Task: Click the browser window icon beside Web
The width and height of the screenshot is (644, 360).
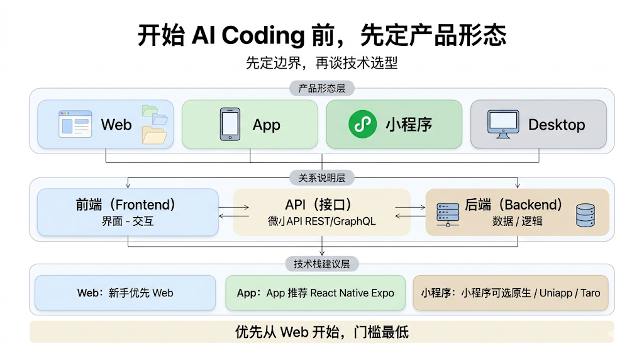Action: [x=75, y=124]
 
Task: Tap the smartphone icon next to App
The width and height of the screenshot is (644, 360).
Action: [x=230, y=124]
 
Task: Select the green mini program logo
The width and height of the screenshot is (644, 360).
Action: [x=363, y=124]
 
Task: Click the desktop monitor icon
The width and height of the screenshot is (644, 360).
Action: [x=503, y=123]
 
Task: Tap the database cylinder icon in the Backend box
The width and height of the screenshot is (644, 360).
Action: [x=585, y=215]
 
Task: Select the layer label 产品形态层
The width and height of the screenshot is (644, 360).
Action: [x=321, y=89]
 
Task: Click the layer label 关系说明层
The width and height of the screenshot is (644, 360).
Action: [x=321, y=178]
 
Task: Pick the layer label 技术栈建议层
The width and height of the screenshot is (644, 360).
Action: [x=321, y=264]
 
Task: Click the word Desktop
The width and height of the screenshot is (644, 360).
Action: [x=556, y=125]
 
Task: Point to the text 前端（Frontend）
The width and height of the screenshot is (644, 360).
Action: [x=126, y=205]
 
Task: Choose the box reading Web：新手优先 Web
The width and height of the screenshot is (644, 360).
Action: [x=125, y=293]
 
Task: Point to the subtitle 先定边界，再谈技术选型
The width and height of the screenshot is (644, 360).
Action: [x=321, y=63]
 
